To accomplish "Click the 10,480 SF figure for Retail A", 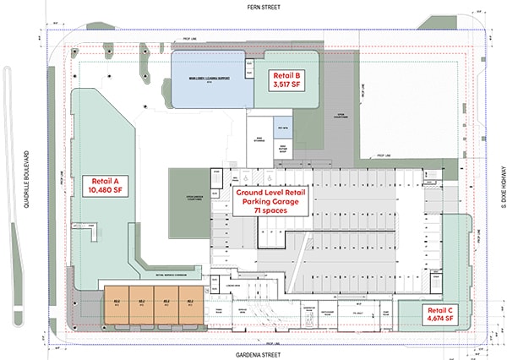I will pos(104,191).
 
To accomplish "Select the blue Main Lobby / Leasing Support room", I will pos(210,80).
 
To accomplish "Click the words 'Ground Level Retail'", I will pos(269,194).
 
